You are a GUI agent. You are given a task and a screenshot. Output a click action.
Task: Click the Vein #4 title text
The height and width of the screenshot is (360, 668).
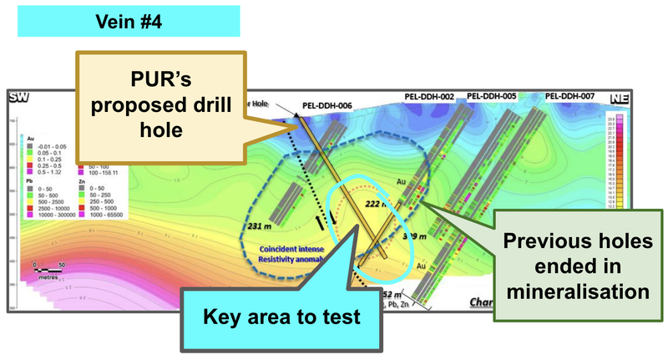pos(129,21)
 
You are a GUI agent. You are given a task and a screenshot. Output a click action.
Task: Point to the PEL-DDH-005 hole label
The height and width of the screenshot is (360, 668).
pos(492,98)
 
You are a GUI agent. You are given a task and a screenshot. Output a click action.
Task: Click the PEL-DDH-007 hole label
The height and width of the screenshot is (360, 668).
pos(569,98)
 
